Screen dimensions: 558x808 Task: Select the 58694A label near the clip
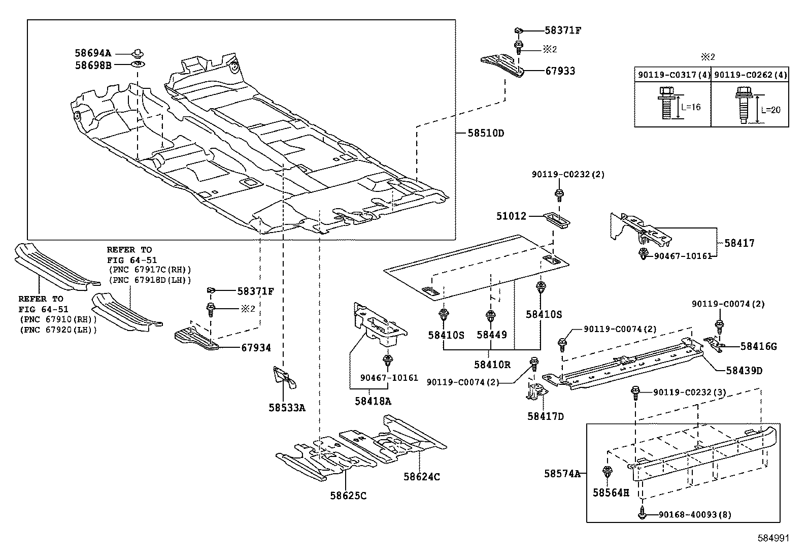tap(93, 53)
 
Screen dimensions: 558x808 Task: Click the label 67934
tap(256, 348)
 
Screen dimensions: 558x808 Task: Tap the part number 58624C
tap(422, 476)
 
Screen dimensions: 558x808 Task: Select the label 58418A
tap(373, 401)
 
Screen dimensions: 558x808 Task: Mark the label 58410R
tap(492, 364)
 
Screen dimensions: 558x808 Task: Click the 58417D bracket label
tap(546, 416)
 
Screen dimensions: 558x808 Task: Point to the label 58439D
tap(744, 371)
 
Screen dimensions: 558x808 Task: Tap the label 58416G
tap(758, 346)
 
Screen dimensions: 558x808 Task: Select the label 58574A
tap(562, 473)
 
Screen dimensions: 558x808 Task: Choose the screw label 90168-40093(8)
tap(695, 514)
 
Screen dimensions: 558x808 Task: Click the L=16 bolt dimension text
tap(691, 107)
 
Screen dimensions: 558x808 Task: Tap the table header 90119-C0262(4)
tap(750, 75)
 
